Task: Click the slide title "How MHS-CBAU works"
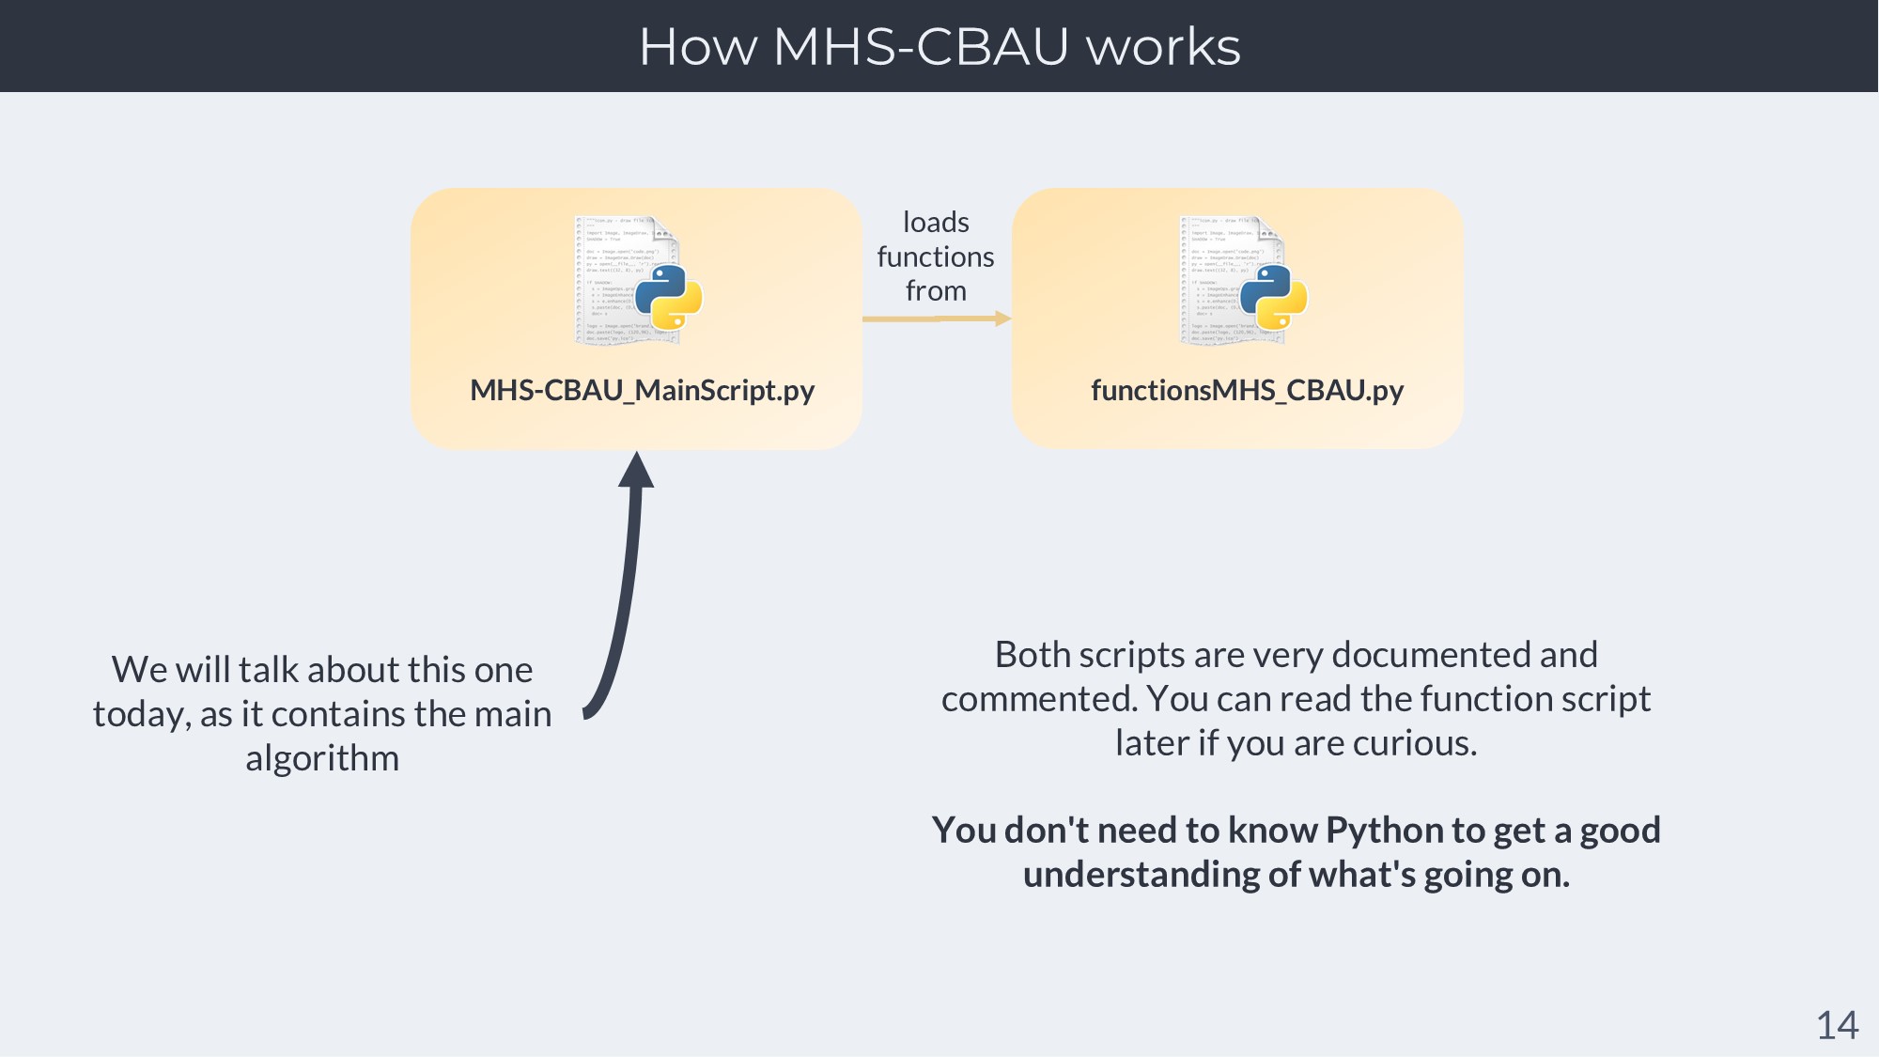[x=939, y=46]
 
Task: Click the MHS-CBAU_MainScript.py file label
[x=642, y=390]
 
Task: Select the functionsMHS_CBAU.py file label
[x=1247, y=390]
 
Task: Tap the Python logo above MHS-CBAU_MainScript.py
[x=668, y=297]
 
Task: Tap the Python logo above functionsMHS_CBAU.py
[x=1273, y=297]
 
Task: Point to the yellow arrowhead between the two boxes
[x=1002, y=319]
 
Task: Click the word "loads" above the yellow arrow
[x=936, y=223]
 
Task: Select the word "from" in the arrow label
[x=936, y=291]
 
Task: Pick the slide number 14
[x=1837, y=1025]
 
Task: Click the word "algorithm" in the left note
[x=322, y=758]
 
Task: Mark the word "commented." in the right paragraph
[x=1038, y=699]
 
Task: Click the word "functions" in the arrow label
[x=936, y=256]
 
